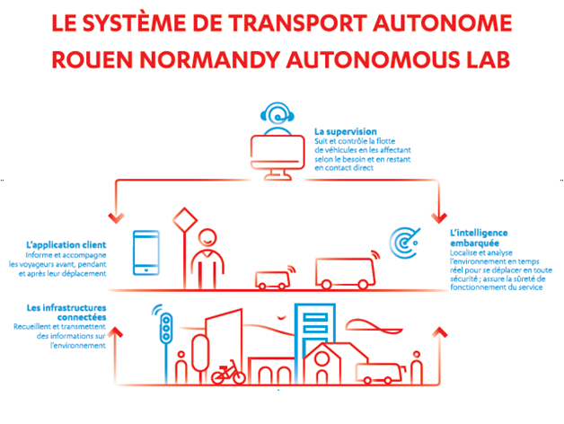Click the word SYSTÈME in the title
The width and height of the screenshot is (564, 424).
[x=134, y=23]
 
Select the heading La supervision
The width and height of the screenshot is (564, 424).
[x=345, y=132]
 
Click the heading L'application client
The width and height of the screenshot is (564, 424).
[x=66, y=245]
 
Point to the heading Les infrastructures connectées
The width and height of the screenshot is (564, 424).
[x=66, y=313]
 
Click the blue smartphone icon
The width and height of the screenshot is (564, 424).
[x=146, y=252]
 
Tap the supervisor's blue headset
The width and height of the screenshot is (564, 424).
[x=277, y=112]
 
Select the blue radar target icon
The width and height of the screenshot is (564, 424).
[x=405, y=243]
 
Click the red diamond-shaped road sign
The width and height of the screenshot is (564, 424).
[x=185, y=219]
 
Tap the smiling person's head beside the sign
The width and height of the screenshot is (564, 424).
[x=207, y=237]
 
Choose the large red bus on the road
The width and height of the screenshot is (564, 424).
[x=345, y=273]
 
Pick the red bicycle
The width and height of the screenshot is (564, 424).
[x=228, y=372]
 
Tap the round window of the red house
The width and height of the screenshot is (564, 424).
[x=322, y=359]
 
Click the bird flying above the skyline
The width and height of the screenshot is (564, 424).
[x=282, y=317]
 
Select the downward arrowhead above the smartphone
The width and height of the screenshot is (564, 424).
[x=116, y=218]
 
